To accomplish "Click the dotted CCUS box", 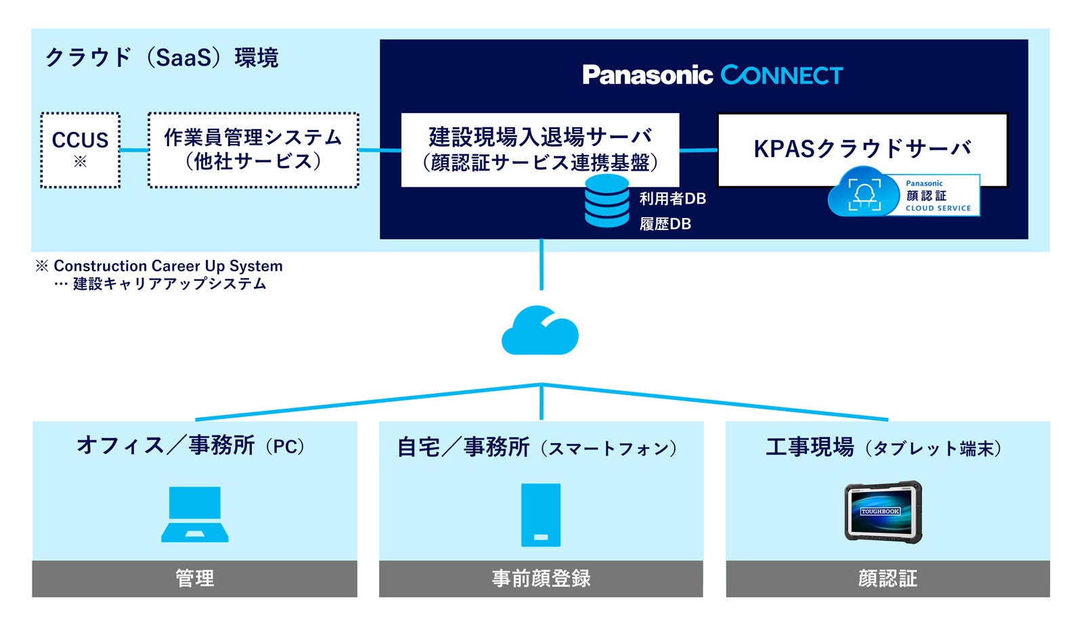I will tap(80, 150).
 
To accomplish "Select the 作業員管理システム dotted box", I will tap(253, 150).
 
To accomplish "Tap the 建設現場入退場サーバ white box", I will tap(540, 149).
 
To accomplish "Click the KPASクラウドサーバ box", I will tap(862, 149).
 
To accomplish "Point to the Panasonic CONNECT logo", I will tap(712, 75).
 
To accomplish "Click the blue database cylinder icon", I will tap(606, 201).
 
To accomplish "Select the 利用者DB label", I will tap(672, 199).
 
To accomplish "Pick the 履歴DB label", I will tap(665, 224).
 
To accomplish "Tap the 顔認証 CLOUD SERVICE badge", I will tap(904, 195).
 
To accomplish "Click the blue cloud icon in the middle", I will tap(540, 331).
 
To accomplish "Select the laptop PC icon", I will tap(195, 514).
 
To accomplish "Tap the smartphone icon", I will tap(541, 515).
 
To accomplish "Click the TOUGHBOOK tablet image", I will tap(884, 512).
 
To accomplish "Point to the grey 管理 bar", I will tap(195, 579).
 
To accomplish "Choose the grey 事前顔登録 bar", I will tap(541, 579).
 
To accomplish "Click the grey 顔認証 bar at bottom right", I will tap(887, 579).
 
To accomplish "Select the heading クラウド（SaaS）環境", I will tap(162, 58).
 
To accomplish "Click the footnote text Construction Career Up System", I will tap(168, 266).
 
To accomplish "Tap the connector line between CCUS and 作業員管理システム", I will tap(134, 150).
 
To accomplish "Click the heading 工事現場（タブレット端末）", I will tap(883, 447).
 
